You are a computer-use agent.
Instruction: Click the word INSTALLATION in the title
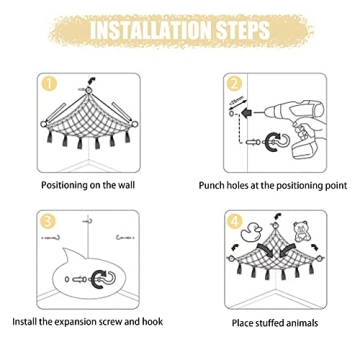[151, 31]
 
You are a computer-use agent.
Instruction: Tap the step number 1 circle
[49, 84]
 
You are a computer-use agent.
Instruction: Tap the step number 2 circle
[234, 84]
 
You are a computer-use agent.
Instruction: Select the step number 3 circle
[48, 222]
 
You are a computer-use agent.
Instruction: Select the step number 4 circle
[235, 221]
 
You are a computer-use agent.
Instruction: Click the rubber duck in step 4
[252, 232]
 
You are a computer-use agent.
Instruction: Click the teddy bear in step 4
[301, 231]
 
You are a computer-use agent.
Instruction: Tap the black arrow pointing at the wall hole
[247, 114]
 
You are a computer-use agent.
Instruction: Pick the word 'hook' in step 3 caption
[153, 321]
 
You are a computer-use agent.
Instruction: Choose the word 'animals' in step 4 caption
[302, 323]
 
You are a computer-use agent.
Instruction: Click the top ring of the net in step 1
[89, 90]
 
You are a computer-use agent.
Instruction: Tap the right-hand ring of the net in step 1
[134, 124]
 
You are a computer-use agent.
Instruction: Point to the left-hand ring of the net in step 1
[43, 124]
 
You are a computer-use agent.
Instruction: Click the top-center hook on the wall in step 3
[88, 220]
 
